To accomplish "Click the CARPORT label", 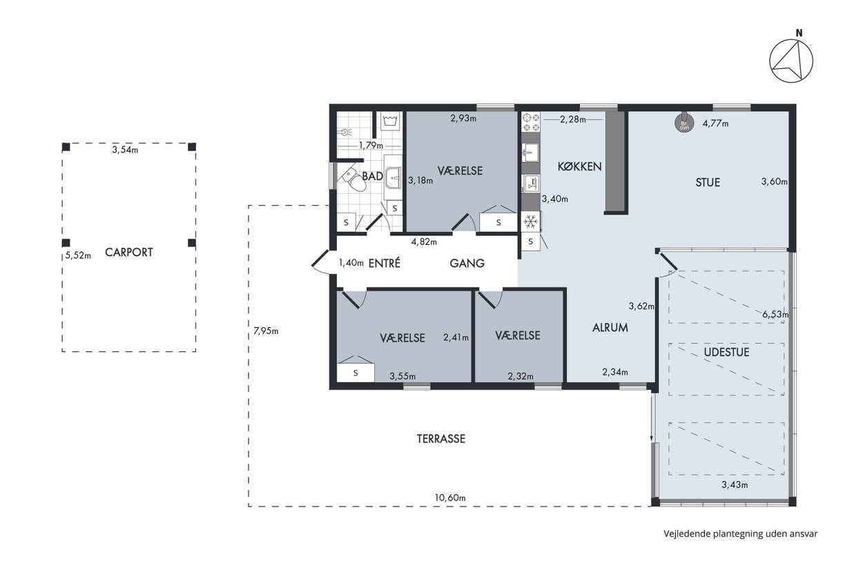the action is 128,252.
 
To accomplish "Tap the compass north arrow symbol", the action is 791,61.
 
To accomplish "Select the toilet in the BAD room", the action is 354,179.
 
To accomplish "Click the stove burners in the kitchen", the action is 531,121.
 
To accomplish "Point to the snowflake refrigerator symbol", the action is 530,222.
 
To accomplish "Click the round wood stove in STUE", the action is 684,123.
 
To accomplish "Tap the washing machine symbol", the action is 391,121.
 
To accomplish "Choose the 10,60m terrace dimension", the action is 450,498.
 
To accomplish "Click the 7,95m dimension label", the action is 266,331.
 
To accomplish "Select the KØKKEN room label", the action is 579,166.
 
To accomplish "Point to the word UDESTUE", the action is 726,352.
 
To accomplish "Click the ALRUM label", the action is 610,328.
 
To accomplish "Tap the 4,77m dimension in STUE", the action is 715,123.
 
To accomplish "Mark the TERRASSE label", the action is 440,439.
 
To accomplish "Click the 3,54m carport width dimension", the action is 125,150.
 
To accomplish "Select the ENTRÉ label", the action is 384,263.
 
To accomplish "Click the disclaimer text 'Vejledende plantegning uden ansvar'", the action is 741,533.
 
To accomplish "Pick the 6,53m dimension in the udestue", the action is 775,315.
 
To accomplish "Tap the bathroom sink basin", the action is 393,177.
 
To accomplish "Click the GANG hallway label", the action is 467,263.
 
